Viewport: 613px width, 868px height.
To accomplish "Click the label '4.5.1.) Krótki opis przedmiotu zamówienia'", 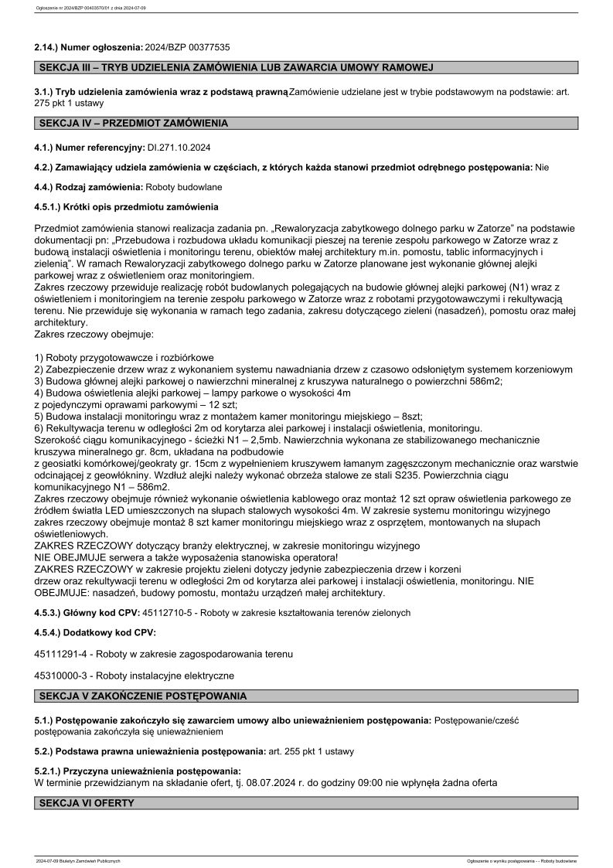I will [126, 207].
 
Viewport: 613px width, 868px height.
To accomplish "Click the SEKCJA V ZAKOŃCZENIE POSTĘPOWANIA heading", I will [143, 696].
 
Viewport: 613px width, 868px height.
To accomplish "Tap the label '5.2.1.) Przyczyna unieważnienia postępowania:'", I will [138, 771].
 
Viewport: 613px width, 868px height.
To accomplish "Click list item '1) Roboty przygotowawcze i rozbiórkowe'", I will [124, 358].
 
